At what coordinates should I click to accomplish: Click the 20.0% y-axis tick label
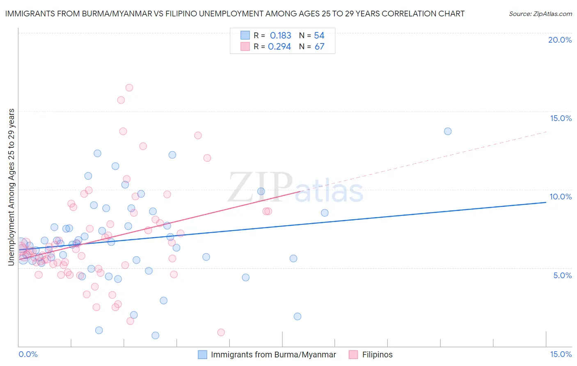[560, 40]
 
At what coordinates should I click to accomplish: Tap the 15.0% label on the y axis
[561, 118]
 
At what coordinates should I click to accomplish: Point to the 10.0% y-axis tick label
[561, 197]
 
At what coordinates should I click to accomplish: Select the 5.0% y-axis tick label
[562, 275]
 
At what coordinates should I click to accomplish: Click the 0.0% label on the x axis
[28, 354]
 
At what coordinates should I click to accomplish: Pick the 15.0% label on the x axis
[561, 354]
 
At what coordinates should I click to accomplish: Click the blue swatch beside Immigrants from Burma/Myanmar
[202, 355]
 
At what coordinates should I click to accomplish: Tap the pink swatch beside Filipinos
[353, 355]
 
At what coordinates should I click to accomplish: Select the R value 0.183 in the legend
[280, 36]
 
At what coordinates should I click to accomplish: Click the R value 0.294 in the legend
[279, 47]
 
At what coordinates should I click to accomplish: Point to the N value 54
[319, 36]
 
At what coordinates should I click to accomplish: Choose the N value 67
[319, 47]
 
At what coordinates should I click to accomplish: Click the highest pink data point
[129, 87]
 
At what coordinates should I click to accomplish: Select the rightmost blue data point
[448, 131]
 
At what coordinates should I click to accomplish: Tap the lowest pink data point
[221, 332]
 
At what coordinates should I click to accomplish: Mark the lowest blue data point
[156, 335]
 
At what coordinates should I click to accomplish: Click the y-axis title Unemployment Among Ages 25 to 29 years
[11, 187]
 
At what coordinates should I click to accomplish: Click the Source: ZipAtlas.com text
[540, 14]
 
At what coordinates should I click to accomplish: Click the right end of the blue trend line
[546, 202]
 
